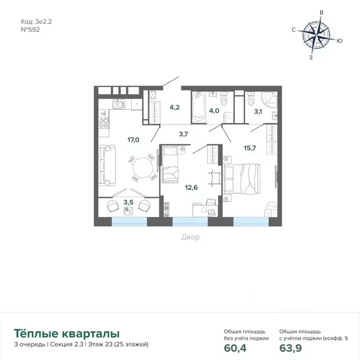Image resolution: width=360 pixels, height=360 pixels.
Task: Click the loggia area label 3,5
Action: (127, 202)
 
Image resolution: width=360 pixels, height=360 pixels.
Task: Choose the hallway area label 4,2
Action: (174, 106)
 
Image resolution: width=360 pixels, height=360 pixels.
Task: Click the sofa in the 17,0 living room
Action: (107, 165)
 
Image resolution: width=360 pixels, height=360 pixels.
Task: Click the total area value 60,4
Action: (235, 348)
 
